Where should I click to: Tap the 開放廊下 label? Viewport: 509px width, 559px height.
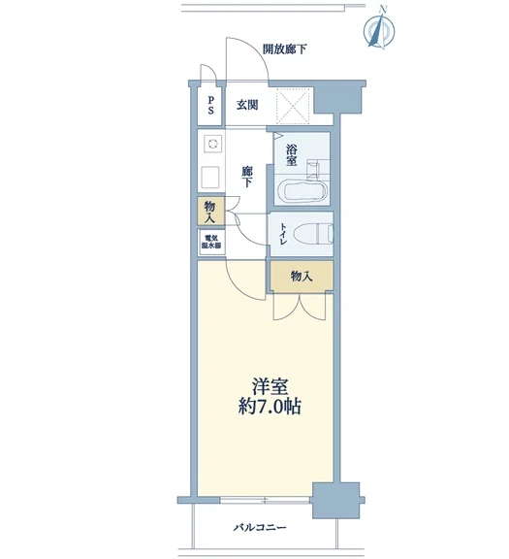[285, 49]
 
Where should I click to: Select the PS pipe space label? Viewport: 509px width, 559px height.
[210, 105]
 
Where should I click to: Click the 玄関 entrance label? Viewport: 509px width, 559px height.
[247, 105]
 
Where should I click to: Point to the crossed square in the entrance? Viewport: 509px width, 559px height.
[294, 107]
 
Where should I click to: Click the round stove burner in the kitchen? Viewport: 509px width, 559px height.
[213, 144]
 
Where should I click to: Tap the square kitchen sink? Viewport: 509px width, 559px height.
[211, 178]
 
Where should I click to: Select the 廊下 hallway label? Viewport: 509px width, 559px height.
[246, 177]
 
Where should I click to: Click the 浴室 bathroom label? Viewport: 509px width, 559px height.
[291, 155]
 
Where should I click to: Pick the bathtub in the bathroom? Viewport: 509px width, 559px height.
[302, 189]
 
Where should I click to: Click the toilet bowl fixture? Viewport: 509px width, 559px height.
[313, 234]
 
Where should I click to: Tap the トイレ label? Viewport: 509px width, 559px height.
[283, 234]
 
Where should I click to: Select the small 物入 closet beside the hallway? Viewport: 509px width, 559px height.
[210, 212]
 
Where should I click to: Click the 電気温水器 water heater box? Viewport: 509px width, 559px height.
[211, 242]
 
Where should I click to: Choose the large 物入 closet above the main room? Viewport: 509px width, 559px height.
[302, 276]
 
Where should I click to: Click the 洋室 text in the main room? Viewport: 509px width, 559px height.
[270, 387]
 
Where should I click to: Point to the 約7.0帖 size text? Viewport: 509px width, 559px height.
[270, 407]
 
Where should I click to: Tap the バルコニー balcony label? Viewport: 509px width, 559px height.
[260, 527]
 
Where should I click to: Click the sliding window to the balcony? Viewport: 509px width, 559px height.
[265, 500]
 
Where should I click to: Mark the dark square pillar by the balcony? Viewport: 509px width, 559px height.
[335, 500]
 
